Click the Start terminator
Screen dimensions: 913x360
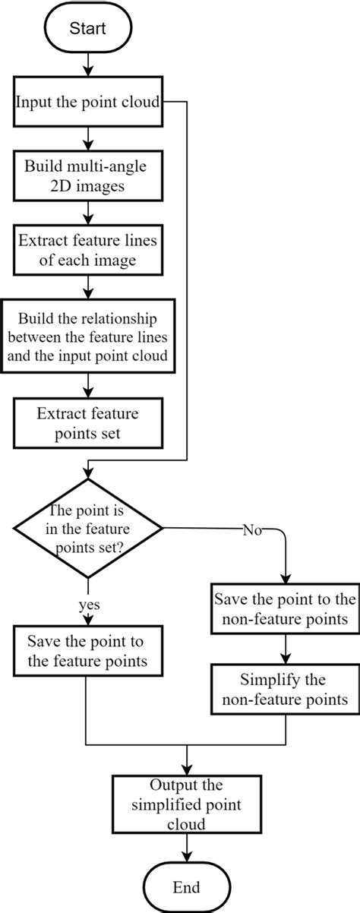(90, 29)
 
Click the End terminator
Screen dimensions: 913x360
(186, 887)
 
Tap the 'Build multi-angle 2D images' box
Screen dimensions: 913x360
(89, 175)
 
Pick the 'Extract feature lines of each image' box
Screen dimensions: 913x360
(89, 250)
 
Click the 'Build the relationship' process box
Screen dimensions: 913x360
(89, 336)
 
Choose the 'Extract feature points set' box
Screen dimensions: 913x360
(89, 425)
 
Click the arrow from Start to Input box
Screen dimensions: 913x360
(90, 68)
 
